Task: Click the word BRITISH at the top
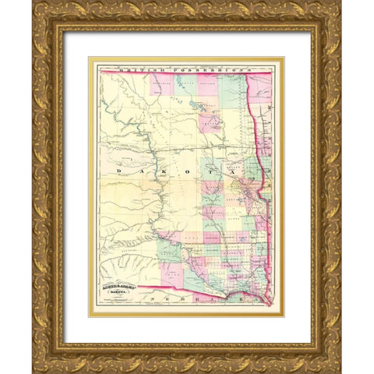132,69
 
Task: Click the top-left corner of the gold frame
36,5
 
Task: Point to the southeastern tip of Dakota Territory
268,302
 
